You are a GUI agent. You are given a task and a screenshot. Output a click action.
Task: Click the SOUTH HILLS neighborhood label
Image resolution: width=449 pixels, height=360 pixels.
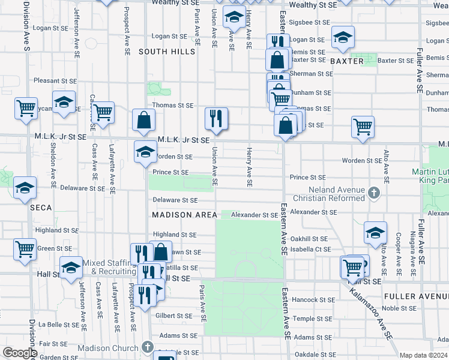click(x=167, y=52)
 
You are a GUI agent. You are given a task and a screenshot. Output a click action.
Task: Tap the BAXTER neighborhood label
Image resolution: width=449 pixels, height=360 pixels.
click(x=346, y=61)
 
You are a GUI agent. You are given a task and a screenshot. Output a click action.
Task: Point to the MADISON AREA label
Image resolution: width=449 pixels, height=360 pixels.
click(x=184, y=215)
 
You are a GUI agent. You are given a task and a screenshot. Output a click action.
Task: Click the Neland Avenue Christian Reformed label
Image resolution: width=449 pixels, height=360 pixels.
click(x=329, y=194)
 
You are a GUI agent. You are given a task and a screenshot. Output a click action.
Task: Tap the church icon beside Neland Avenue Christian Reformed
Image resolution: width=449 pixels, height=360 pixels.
click(x=374, y=193)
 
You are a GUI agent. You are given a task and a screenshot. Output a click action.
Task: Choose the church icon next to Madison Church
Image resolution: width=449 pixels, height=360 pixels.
click(x=148, y=347)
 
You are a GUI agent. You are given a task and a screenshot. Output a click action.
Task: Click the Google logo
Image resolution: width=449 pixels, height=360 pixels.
click(x=19, y=353)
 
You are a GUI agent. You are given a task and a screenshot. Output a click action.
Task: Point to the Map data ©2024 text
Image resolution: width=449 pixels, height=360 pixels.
click(x=423, y=355)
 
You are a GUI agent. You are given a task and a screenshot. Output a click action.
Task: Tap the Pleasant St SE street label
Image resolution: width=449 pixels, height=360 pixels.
click(x=55, y=80)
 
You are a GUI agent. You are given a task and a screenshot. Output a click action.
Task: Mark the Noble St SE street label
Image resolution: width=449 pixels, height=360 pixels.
click(x=398, y=308)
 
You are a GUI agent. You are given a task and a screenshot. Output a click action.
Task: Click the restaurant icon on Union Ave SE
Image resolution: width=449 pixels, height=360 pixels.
click(x=215, y=119)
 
